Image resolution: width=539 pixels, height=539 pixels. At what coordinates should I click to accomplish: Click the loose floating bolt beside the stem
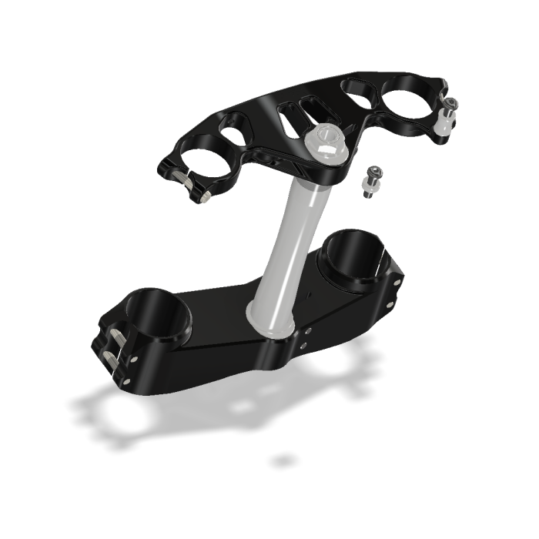[x=370, y=182]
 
